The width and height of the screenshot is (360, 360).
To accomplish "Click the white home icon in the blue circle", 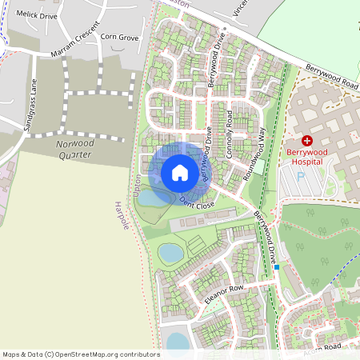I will coord(180,172).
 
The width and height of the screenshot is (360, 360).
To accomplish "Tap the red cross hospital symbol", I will coord(306,140).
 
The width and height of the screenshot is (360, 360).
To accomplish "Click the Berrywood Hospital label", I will coord(306,155).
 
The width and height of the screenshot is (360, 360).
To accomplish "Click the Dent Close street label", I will coord(198,202).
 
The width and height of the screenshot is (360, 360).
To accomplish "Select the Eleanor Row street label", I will coord(223,294).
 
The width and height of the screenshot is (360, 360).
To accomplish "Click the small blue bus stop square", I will coord(276,267).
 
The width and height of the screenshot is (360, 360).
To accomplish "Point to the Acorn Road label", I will coord(322,346).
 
